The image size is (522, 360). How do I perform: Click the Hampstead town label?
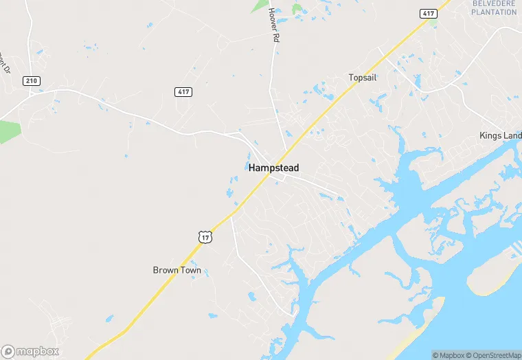pyautogui.click(x=273, y=168)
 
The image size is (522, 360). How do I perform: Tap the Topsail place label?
pyautogui.click(x=363, y=78)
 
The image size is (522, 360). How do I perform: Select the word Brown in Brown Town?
pyautogui.click(x=165, y=270)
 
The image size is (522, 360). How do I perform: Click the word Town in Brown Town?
pyautogui.click(x=190, y=270)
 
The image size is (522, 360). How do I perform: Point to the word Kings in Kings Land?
pyautogui.click(x=492, y=136)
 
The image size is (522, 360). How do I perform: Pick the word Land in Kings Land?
pyautogui.click(x=514, y=136)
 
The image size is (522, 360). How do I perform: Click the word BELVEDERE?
pyautogui.click(x=495, y=3)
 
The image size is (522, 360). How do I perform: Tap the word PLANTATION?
pyautogui.click(x=495, y=12)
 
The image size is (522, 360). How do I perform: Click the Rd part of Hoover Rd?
pyautogui.click(x=276, y=37)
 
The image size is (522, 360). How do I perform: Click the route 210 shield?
pyautogui.click(x=32, y=80)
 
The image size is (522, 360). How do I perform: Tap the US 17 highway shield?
pyautogui.click(x=205, y=236)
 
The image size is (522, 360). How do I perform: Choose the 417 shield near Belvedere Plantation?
pyautogui.click(x=427, y=13)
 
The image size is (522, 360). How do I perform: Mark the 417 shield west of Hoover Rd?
pyautogui.click(x=183, y=92)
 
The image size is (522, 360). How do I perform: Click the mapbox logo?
pyautogui.click(x=30, y=351)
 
